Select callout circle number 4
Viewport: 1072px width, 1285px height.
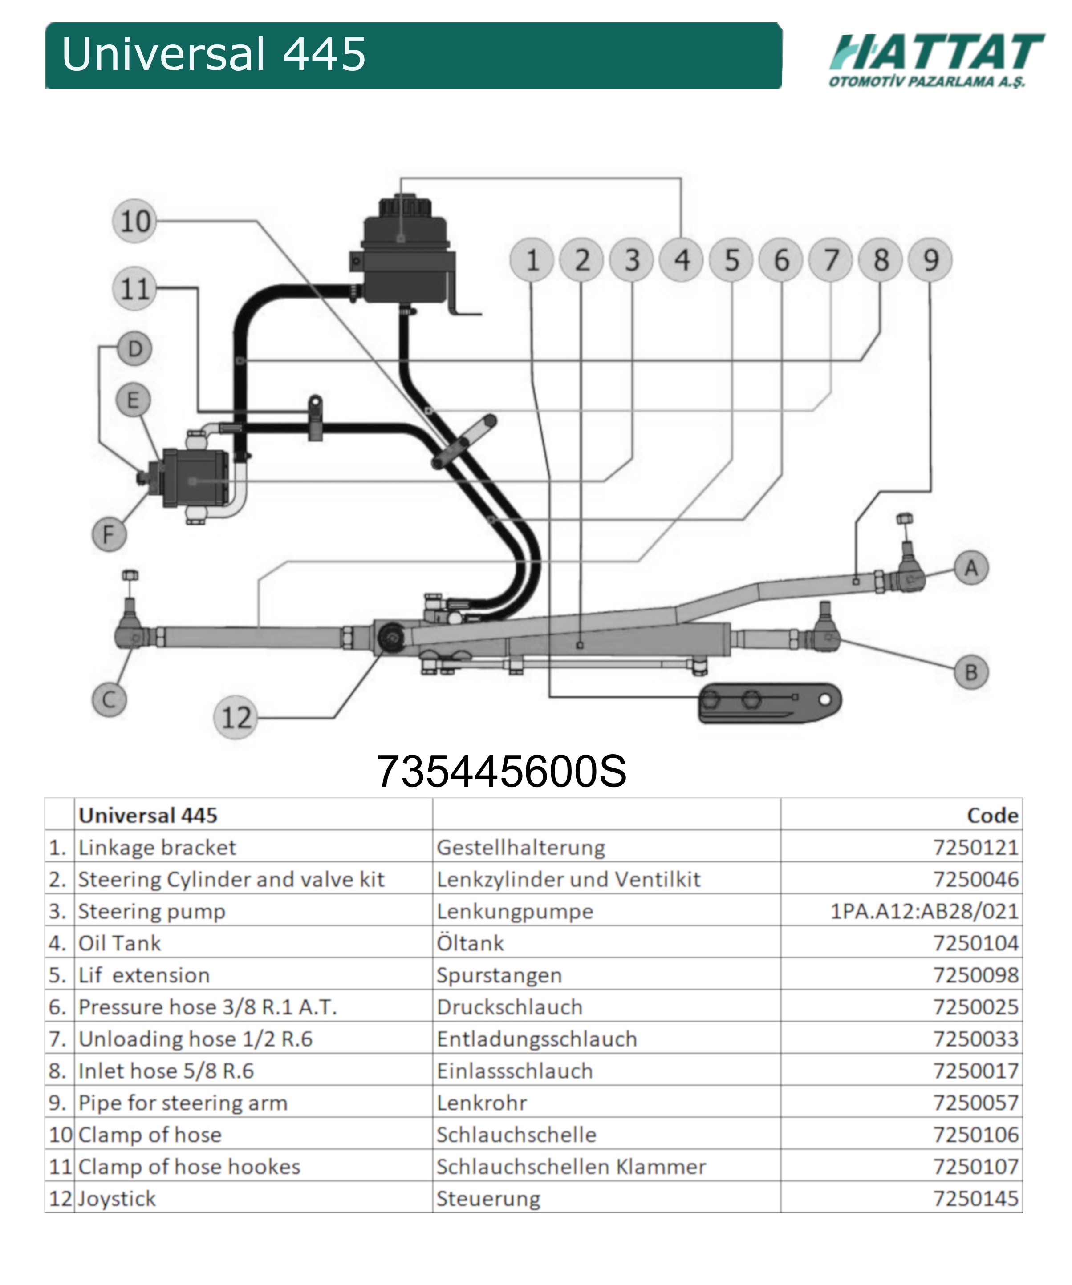pyautogui.click(x=682, y=260)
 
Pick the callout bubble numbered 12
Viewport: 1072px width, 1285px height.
pyautogui.click(x=236, y=717)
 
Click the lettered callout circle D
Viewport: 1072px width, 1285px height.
pyautogui.click(x=135, y=349)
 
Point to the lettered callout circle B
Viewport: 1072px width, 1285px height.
pyautogui.click(x=971, y=672)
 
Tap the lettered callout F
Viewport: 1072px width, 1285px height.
pyautogui.click(x=109, y=534)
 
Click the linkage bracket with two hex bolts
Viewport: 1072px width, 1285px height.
pyautogui.click(x=770, y=703)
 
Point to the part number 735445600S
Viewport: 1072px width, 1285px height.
pyautogui.click(x=501, y=771)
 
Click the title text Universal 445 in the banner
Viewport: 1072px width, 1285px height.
pyautogui.click(x=214, y=54)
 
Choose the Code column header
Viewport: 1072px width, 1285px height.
pyautogui.click(x=992, y=815)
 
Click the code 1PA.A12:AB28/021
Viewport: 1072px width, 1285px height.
pyautogui.click(x=924, y=911)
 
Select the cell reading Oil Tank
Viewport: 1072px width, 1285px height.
pyautogui.click(x=120, y=943)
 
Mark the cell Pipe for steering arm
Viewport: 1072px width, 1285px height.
pyautogui.click(x=183, y=1103)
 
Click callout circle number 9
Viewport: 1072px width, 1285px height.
pyautogui.click(x=930, y=260)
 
